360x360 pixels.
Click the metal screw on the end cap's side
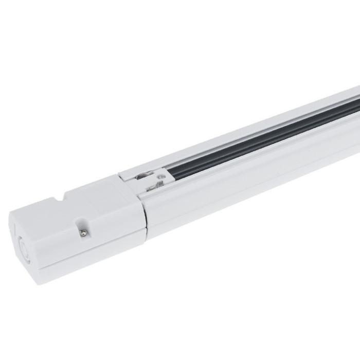81,233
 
